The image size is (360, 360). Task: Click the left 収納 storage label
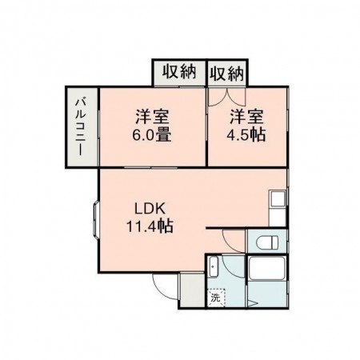180,72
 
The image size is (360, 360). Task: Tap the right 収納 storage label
227,73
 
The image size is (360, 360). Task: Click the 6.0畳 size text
151,134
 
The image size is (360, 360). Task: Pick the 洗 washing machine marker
216,298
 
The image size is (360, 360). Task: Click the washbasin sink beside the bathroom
214,269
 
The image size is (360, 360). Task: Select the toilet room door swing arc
233,240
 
